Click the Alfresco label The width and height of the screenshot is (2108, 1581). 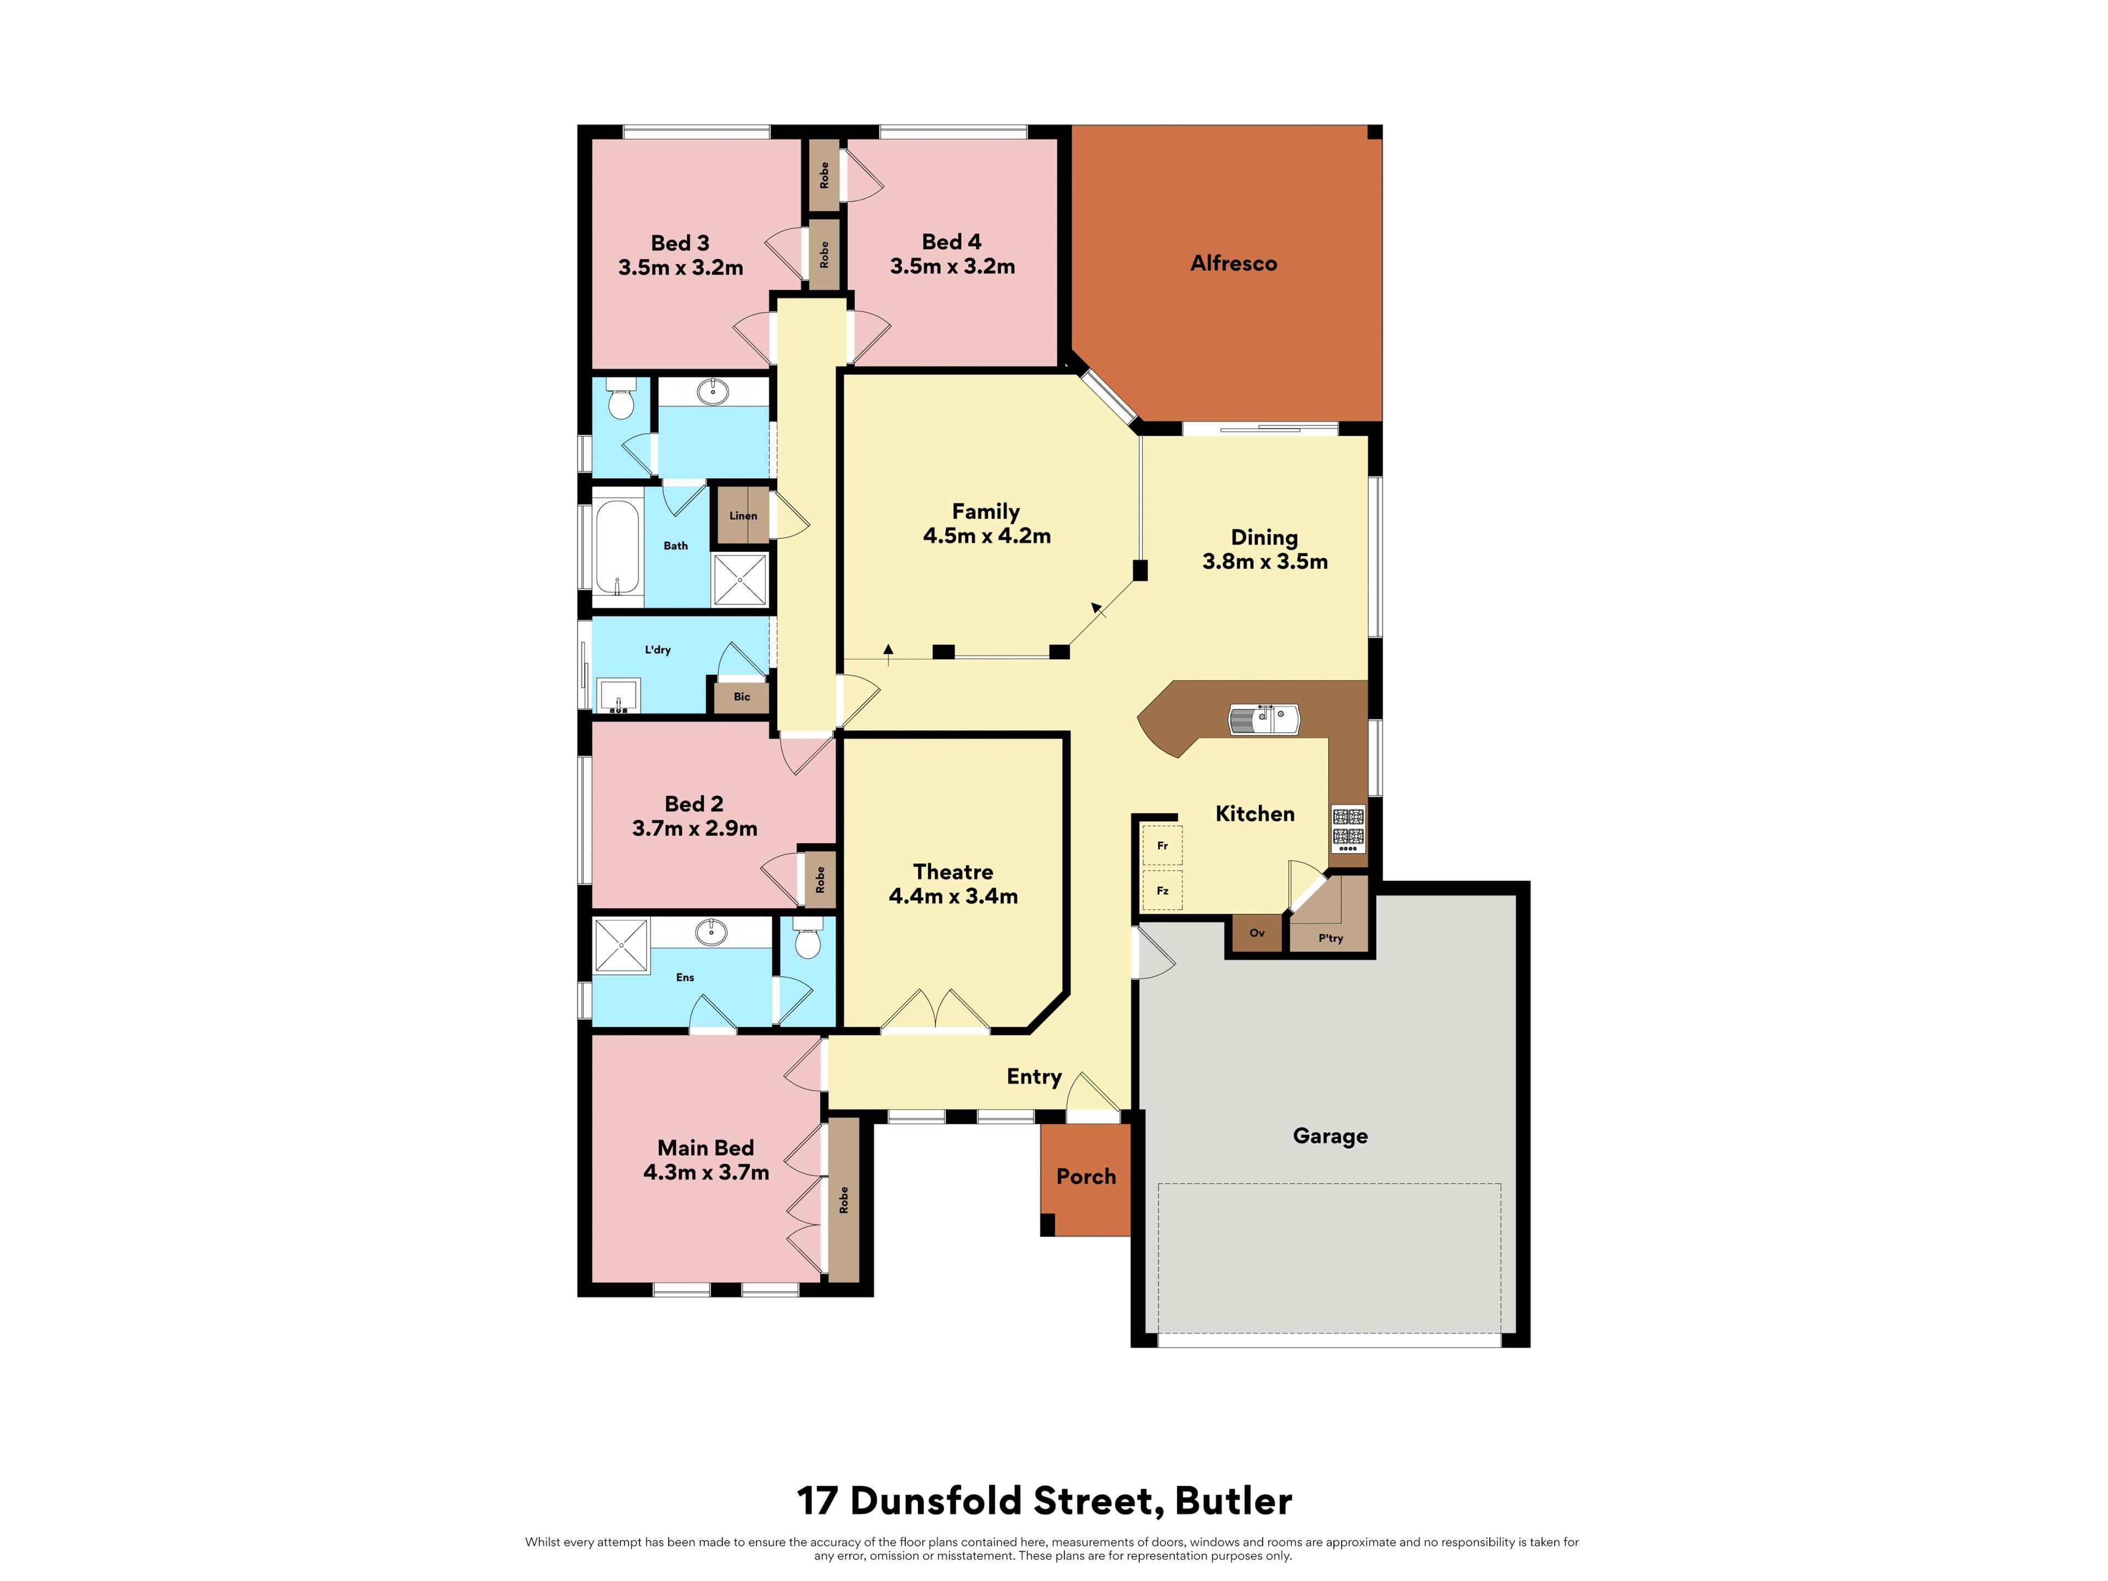coord(1233,263)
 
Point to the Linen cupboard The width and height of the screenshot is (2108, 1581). coord(742,515)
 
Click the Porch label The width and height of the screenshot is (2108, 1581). coord(1085,1176)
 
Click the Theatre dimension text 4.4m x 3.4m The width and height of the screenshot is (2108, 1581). coord(953,896)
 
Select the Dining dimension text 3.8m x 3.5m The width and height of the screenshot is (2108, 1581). coord(1265,561)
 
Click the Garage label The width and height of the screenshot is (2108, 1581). coord(1330,1136)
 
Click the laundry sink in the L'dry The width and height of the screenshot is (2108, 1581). coord(618,695)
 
